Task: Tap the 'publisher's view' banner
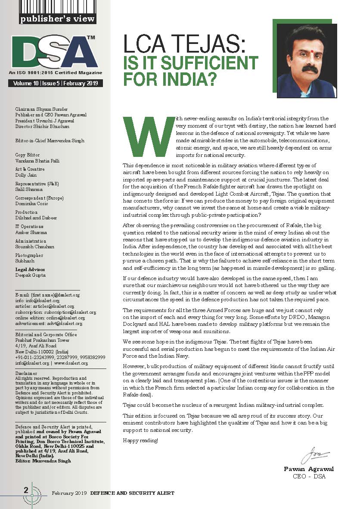click(x=58, y=19)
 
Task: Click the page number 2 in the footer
click(x=26, y=490)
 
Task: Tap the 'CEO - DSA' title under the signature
click(x=309, y=476)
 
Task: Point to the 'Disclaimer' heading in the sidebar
click(x=26, y=373)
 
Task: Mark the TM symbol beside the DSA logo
click(x=91, y=38)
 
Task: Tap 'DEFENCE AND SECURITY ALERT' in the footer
click(x=132, y=493)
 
